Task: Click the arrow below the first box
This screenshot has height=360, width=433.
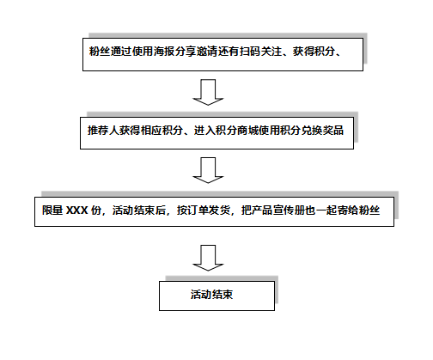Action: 208,92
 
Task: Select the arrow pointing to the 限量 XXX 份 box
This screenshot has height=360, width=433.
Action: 208,170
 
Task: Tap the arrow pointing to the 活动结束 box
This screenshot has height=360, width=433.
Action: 208,258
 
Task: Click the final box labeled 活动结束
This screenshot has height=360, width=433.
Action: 216,296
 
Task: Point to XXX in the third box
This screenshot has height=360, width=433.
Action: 77,211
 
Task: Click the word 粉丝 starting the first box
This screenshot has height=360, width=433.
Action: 100,52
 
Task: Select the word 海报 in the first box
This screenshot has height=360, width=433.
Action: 164,52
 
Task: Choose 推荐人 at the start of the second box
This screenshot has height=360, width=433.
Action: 103,131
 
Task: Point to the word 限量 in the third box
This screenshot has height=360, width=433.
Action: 52,211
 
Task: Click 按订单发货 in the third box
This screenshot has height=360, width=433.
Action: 204,211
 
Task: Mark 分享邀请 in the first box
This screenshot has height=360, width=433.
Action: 196,52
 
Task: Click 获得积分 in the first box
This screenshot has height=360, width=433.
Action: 314,52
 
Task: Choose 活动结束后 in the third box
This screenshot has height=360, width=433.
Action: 139,211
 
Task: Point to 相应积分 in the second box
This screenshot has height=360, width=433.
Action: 162,131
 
